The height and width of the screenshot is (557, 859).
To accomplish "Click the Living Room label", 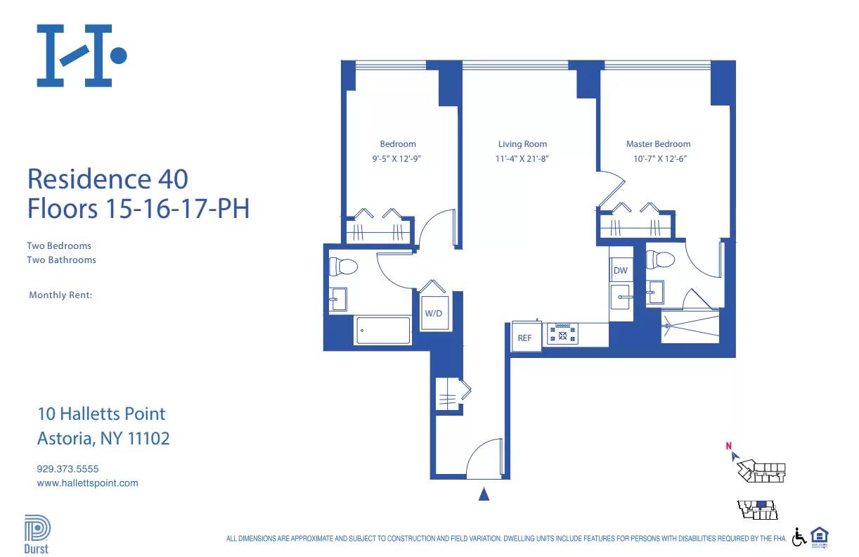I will [x=522, y=144].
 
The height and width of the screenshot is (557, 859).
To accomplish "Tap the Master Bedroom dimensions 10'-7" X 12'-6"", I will [x=659, y=159].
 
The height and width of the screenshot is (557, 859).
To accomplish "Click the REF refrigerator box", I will [x=525, y=338].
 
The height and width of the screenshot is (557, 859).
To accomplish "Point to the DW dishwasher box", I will [x=620, y=271].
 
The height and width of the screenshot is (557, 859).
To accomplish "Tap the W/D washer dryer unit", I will [x=433, y=313].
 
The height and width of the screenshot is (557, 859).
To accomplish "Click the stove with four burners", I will [x=562, y=334].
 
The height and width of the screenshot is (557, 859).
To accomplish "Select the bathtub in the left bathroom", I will [x=383, y=331].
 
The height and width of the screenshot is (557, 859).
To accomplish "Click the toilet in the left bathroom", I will [x=344, y=267].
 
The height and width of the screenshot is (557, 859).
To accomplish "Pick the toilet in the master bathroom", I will [x=661, y=260].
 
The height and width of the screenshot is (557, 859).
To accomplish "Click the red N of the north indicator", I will [x=729, y=445].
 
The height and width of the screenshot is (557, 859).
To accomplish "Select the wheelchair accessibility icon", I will [x=799, y=537].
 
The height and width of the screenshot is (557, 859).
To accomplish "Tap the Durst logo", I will [x=37, y=535].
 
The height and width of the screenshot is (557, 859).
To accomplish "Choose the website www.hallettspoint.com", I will [x=87, y=483].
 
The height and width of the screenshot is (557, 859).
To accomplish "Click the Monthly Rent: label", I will [x=60, y=295].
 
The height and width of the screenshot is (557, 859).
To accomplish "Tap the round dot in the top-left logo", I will [x=119, y=55].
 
